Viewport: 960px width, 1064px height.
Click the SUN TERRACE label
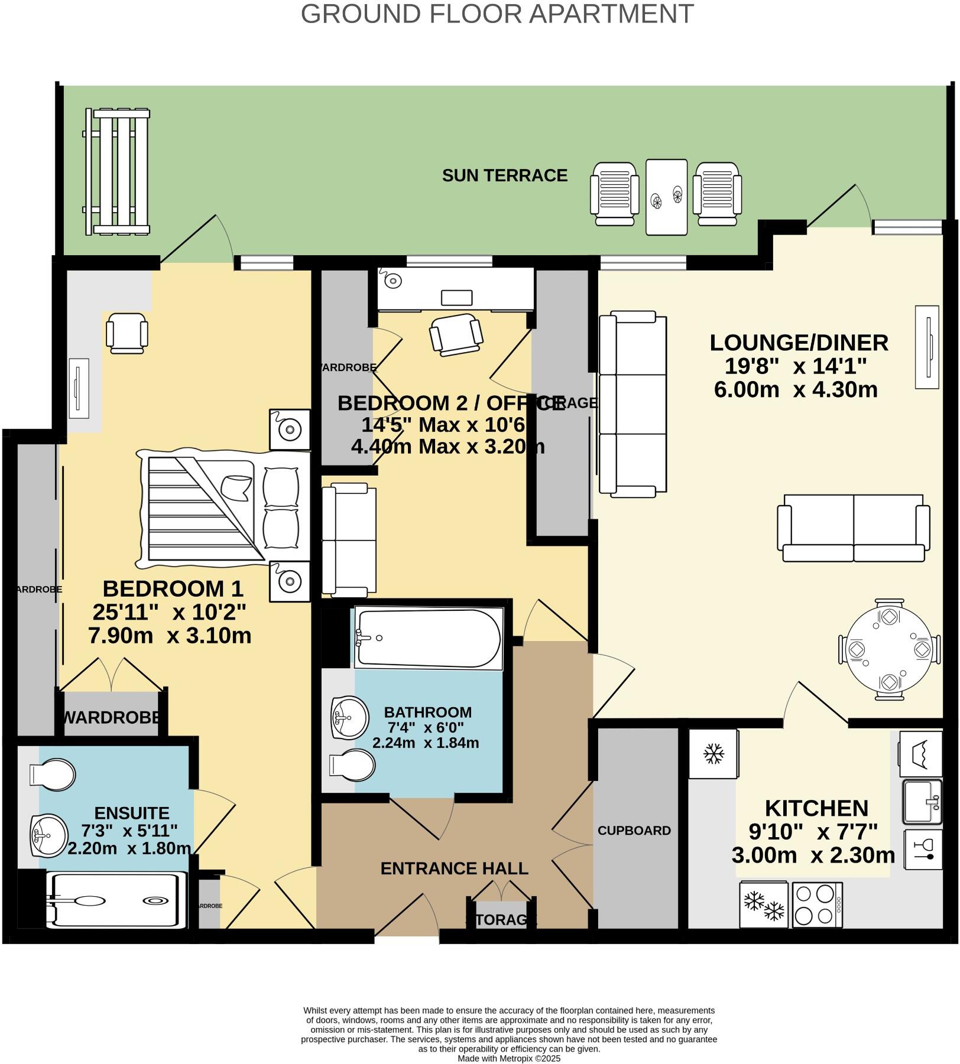pyautogui.click(x=504, y=175)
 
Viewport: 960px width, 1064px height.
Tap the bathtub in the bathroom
pyautogui.click(x=428, y=638)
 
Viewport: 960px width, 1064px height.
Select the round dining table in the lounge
pyautogui.click(x=889, y=649)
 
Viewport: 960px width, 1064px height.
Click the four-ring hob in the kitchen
pyautogui.click(x=817, y=904)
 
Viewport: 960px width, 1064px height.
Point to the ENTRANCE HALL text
pyautogui.click(x=454, y=868)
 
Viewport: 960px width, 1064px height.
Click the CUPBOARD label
pyautogui.click(x=634, y=831)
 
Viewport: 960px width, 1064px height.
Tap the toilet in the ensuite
pyautogui.click(x=53, y=775)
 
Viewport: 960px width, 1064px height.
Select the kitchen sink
pyautogui.click(x=922, y=802)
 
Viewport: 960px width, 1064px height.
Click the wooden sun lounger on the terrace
pyautogui.click(x=116, y=171)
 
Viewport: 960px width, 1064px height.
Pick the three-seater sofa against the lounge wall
pyautogui.click(x=632, y=404)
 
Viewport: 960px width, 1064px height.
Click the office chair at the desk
pyautogui.click(x=456, y=334)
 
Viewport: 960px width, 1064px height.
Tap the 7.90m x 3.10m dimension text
pyautogui.click(x=170, y=636)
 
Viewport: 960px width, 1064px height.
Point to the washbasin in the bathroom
pyautogui.click(x=349, y=717)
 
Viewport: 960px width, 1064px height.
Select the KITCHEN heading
pyautogui.click(x=816, y=808)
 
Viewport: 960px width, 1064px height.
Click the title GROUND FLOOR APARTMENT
pyautogui.click(x=497, y=14)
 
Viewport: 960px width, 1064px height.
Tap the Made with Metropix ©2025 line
pyautogui.click(x=508, y=1058)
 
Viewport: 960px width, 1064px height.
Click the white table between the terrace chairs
pyautogui.click(x=666, y=197)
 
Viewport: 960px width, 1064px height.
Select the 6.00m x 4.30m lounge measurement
pyautogui.click(x=795, y=390)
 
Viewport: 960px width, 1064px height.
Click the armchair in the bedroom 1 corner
pyautogui.click(x=127, y=333)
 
